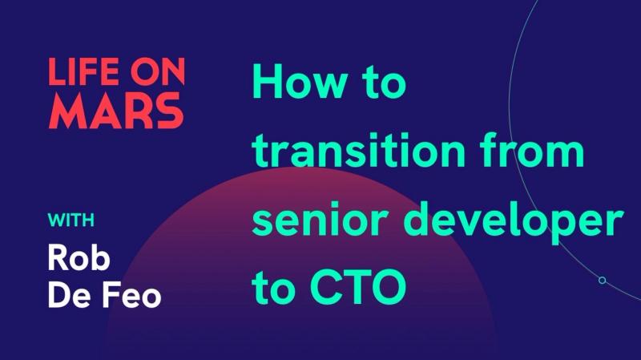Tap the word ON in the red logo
(155, 73)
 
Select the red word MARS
(115, 112)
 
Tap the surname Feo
(132, 294)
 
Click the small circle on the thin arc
(602, 280)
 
